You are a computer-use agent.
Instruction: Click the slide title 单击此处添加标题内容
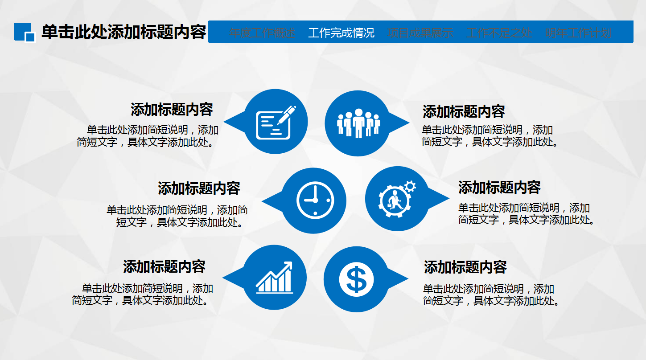pos(123,33)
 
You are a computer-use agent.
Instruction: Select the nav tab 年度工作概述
pos(262,33)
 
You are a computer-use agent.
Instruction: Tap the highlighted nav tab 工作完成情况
pos(341,33)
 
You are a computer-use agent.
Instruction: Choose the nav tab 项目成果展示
pos(420,33)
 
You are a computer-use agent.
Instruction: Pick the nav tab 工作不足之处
pos(499,33)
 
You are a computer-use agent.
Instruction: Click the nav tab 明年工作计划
pos(578,33)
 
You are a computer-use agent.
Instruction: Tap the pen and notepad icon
pos(276,122)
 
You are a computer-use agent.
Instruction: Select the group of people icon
pos(358,123)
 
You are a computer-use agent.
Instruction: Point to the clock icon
pos(315,200)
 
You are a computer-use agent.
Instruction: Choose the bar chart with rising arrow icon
pos(275,278)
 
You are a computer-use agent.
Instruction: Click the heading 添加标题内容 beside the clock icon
pos(199,188)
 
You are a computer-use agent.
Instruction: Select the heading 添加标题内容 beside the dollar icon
pos(465,267)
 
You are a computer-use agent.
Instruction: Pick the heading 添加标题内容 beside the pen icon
pos(172,110)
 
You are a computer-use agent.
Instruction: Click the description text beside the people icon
pos(490,136)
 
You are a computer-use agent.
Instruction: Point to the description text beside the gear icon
pos(526,214)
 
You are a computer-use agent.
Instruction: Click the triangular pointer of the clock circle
pos(270,201)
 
